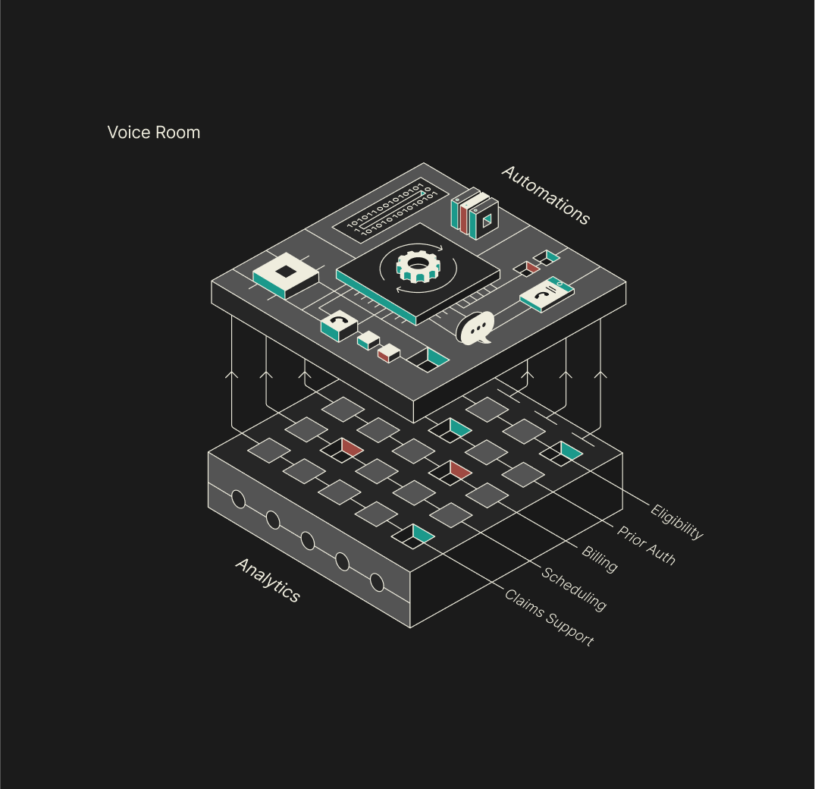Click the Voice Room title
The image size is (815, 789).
pyautogui.click(x=154, y=133)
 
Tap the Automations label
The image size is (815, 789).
pyautogui.click(x=545, y=195)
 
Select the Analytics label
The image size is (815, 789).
pyautogui.click(x=268, y=580)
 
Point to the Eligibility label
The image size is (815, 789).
pyautogui.click(x=677, y=522)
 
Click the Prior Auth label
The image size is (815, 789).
pyautogui.click(x=645, y=545)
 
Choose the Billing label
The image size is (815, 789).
pyautogui.click(x=600, y=558)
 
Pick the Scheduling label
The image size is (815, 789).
pyautogui.click(x=574, y=589)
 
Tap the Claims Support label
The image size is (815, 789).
pyautogui.click(x=549, y=618)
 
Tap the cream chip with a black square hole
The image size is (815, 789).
pyautogui.click(x=285, y=275)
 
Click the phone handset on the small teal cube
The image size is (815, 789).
pyautogui.click(x=339, y=322)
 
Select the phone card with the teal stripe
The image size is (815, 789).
pyautogui.click(x=546, y=293)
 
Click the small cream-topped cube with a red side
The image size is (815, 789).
pyautogui.click(x=389, y=353)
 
